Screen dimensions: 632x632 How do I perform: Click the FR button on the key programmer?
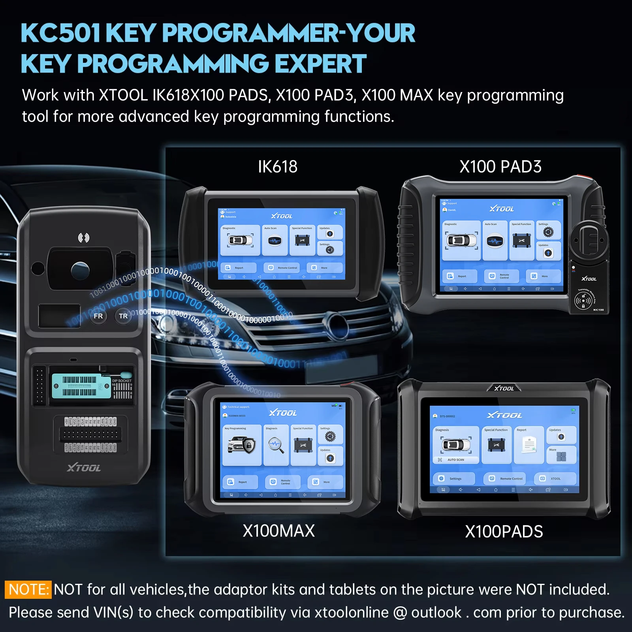pyautogui.click(x=98, y=316)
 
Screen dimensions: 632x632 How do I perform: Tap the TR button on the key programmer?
pyautogui.click(x=123, y=316)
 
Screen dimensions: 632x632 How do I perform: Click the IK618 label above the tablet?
pyautogui.click(x=278, y=167)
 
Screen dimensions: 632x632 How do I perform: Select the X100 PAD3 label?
pyautogui.click(x=500, y=167)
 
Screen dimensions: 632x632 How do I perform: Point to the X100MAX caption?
pyautogui.click(x=278, y=531)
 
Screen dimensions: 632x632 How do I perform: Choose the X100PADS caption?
pyautogui.click(x=504, y=532)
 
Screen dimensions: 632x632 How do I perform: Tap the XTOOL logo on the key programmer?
pyautogui.click(x=84, y=468)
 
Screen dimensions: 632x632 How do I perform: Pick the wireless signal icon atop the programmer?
pyautogui.click(x=83, y=237)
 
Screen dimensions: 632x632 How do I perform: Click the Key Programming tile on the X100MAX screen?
pyautogui.click(x=242, y=445)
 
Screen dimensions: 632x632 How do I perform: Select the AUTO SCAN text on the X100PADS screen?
pyautogui.click(x=456, y=460)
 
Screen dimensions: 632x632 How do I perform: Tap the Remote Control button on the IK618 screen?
pyautogui.click(x=283, y=268)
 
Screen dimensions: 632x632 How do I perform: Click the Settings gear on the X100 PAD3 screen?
pyautogui.click(x=548, y=231)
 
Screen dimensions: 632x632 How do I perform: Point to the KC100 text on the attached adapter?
pyautogui.click(x=598, y=310)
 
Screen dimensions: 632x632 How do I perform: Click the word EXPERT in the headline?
pyautogui.click(x=320, y=64)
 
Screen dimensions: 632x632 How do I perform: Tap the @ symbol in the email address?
pyautogui.click(x=400, y=613)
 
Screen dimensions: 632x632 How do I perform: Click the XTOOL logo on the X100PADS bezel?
pyautogui.click(x=504, y=389)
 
